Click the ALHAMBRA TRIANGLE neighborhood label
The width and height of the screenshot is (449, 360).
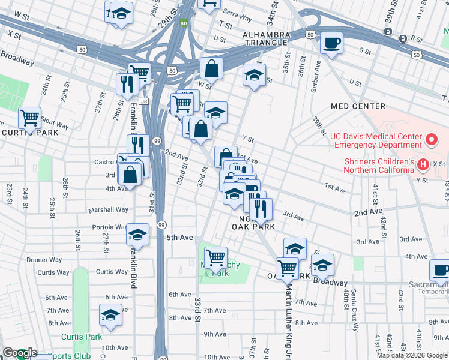[x=266, y=39]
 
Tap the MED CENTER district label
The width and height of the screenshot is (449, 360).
[x=357, y=106]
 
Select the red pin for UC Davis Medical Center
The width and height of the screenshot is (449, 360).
[x=430, y=140]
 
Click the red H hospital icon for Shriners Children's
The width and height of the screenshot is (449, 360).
[x=423, y=164]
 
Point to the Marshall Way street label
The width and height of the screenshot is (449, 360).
[x=109, y=210]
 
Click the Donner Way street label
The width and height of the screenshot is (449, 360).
[x=45, y=260]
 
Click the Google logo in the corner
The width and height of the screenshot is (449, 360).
[x=19, y=353]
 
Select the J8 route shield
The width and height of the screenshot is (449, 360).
[x=143, y=101]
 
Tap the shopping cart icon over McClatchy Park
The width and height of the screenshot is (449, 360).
[x=215, y=258]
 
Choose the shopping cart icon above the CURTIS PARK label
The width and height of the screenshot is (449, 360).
[x=29, y=118]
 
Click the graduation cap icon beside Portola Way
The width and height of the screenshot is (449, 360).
[x=137, y=235]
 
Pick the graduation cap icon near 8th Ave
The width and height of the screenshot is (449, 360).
[x=111, y=314]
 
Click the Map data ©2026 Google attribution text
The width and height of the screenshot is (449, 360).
[x=412, y=355]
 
